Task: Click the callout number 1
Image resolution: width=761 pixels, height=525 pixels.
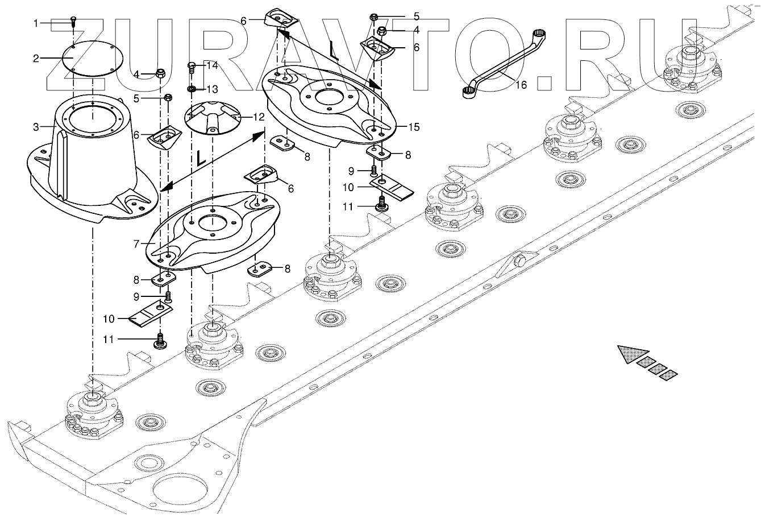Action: tap(36, 23)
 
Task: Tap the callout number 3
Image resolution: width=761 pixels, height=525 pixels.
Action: tap(36, 127)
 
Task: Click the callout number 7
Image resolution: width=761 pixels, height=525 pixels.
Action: tap(136, 244)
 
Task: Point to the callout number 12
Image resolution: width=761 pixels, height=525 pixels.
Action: tap(259, 117)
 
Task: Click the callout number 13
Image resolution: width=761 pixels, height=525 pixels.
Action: tap(211, 89)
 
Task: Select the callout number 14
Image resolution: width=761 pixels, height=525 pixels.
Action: tap(211, 65)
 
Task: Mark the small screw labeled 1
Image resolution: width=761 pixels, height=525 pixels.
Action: tap(73, 21)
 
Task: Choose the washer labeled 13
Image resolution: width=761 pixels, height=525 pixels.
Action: tap(193, 89)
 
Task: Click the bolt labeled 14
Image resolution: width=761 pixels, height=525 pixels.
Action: tap(192, 69)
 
